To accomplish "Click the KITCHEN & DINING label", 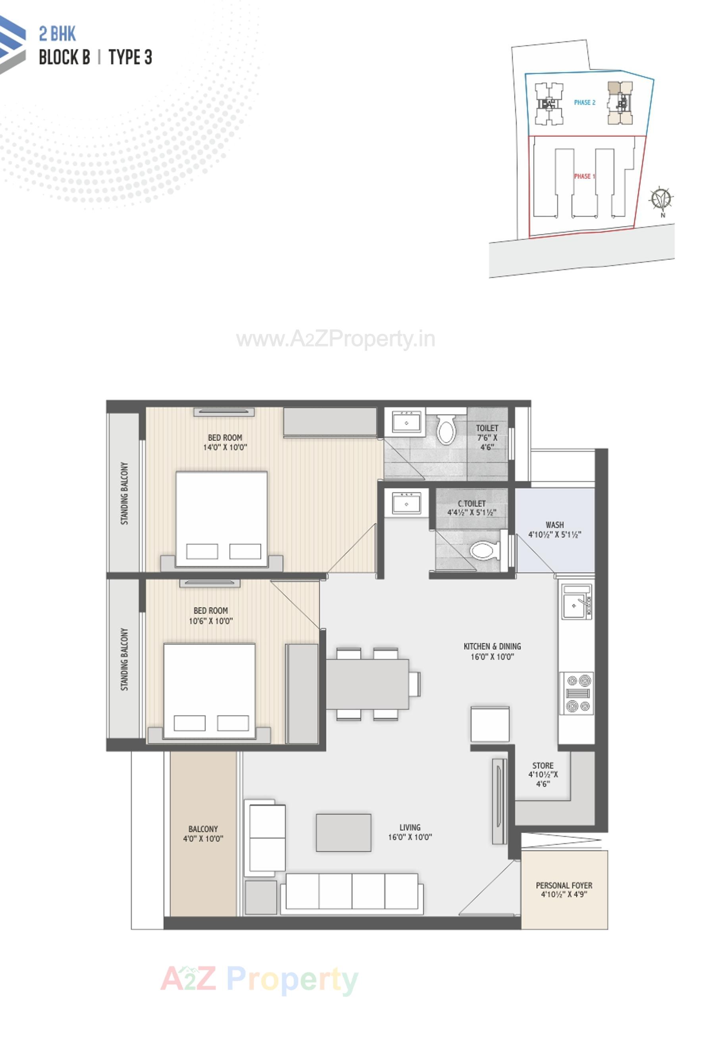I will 492,646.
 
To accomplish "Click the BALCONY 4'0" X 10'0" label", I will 203,833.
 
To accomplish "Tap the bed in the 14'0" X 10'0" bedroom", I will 221,518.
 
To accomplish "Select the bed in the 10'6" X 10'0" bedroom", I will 209,690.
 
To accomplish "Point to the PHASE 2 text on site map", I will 584,102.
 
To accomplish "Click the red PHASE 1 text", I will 584,176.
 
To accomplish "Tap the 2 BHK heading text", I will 57,34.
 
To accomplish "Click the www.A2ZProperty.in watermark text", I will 335,339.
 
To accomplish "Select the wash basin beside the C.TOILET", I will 406,503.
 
